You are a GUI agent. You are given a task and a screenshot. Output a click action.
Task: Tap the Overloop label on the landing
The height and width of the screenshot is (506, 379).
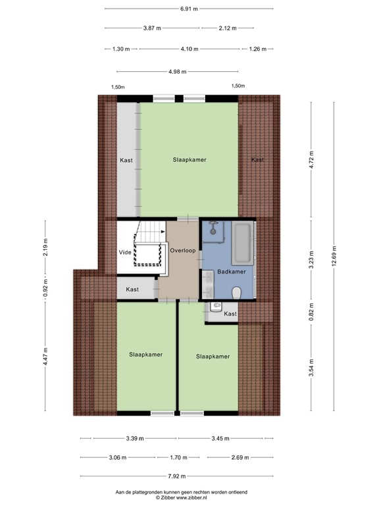point(182,251)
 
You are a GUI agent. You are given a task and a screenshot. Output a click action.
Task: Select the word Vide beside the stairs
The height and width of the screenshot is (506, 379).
point(125,252)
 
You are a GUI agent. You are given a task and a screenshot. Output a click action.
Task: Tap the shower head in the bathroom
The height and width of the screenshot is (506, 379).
point(213,226)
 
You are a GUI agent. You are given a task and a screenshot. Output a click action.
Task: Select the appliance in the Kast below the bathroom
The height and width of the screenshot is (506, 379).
point(216,306)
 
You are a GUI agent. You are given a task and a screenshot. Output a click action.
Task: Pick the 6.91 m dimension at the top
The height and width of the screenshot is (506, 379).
point(189,9)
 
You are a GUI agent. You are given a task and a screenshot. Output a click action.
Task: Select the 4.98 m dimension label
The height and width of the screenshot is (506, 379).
point(177,71)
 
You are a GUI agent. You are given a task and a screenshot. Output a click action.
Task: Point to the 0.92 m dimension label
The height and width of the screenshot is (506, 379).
point(45,288)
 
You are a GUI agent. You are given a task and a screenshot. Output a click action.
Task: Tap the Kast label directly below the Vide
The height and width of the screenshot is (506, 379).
point(132,289)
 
